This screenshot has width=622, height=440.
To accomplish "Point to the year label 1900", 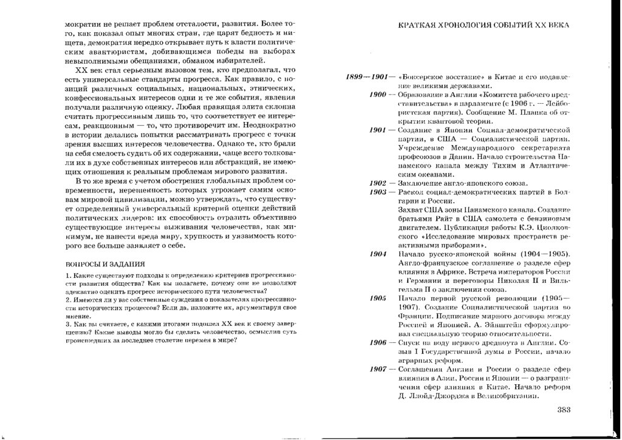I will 378,96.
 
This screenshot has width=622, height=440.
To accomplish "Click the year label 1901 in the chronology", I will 378,130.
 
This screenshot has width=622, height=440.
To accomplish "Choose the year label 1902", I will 378,183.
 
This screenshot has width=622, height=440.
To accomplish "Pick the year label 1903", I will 378,192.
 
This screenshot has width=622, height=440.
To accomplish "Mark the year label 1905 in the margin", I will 378,299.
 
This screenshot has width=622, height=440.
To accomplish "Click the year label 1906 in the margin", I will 378,343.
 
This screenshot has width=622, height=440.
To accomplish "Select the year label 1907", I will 378,370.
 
